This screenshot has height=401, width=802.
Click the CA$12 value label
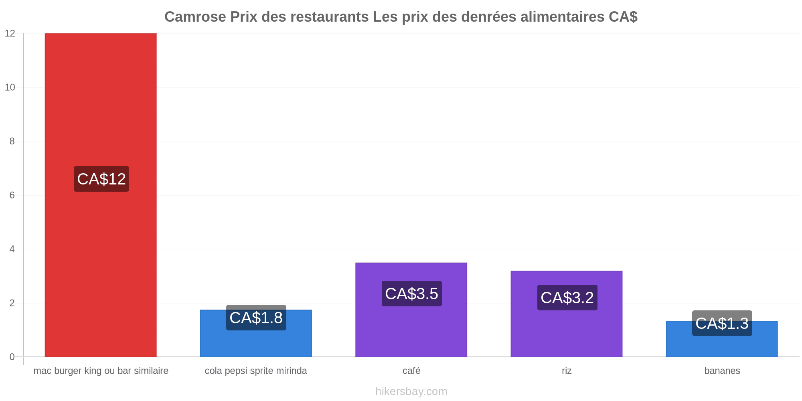(x=101, y=179)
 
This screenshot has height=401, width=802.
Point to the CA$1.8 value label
(x=256, y=318)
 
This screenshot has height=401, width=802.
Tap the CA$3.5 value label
(x=412, y=294)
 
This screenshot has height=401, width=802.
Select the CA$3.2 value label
(x=567, y=298)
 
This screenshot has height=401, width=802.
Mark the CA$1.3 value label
(x=722, y=323)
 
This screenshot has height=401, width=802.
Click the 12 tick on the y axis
(x=10, y=34)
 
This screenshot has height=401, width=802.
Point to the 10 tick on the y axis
(x=10, y=87)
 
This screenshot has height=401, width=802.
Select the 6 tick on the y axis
(x=12, y=195)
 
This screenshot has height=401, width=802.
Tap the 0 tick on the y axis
(x=12, y=357)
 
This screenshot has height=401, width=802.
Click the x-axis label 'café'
(x=411, y=371)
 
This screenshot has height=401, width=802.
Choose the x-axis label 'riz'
(x=567, y=371)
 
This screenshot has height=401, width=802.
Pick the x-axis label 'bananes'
(x=722, y=371)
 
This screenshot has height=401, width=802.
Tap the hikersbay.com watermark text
(x=411, y=391)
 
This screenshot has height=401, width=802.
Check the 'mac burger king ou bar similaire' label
(x=101, y=371)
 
